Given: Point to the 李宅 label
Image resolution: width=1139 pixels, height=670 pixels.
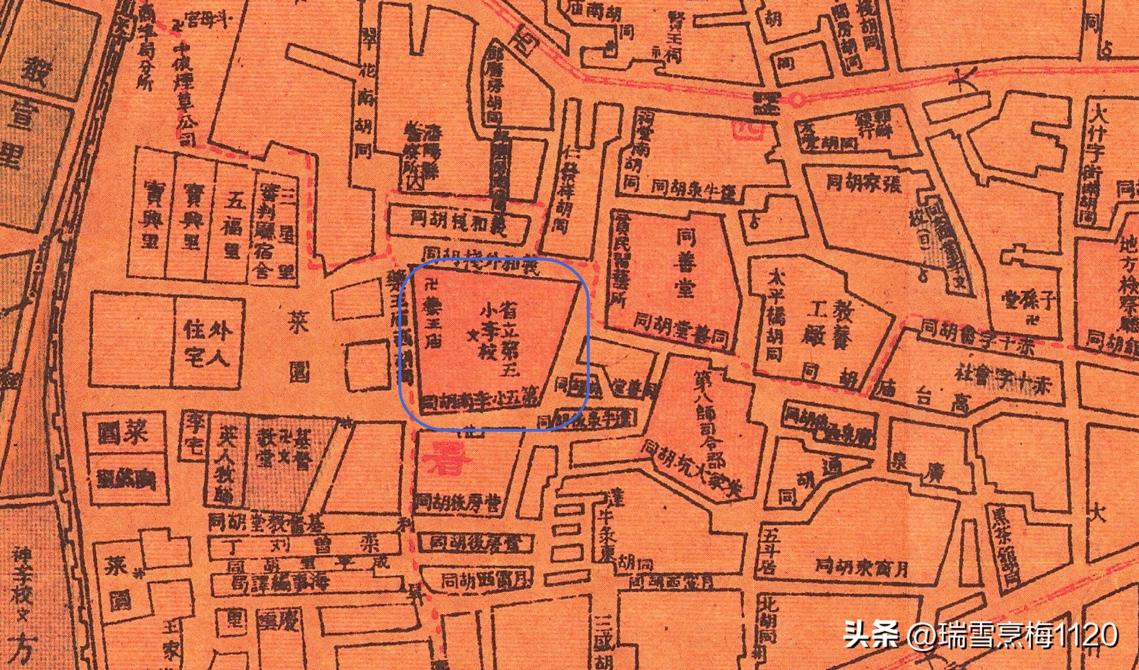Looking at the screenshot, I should (193, 435).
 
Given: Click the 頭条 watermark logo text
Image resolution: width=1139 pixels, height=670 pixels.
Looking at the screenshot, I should (871, 634).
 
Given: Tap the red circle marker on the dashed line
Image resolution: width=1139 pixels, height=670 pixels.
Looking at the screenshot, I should (797, 100).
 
